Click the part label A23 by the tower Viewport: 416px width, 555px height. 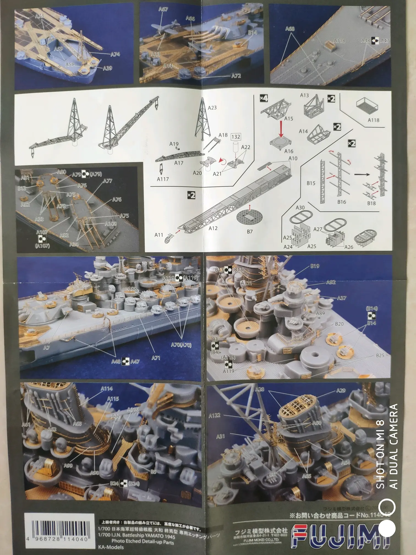point(212,108)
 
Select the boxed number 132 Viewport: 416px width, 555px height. point(236,137)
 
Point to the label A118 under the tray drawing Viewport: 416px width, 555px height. point(373,120)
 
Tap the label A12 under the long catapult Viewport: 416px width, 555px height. point(213,228)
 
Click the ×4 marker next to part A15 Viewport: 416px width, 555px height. point(264,98)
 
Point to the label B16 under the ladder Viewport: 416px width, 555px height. point(341,202)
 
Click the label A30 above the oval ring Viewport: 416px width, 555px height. point(300,208)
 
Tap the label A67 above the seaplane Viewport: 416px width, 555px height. point(163,9)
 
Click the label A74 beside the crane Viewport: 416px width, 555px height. point(115,54)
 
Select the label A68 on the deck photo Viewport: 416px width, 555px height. point(290,28)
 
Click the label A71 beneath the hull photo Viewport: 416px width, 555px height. point(156,358)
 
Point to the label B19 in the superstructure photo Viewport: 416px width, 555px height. point(315,266)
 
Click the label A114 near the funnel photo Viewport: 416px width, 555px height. point(107,388)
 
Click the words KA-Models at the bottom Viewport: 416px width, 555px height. point(111,547)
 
